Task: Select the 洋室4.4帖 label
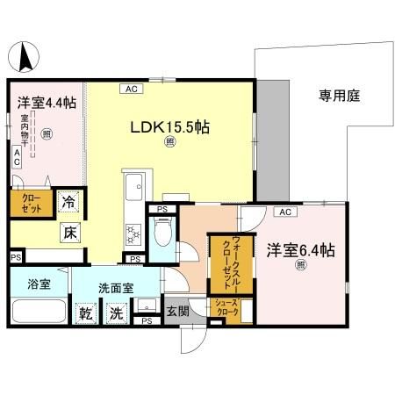(47, 103)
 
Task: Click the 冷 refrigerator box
(68, 201)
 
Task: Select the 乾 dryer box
(86, 312)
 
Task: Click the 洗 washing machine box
(116, 312)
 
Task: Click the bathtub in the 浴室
(39, 313)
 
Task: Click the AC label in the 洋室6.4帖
(284, 212)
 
